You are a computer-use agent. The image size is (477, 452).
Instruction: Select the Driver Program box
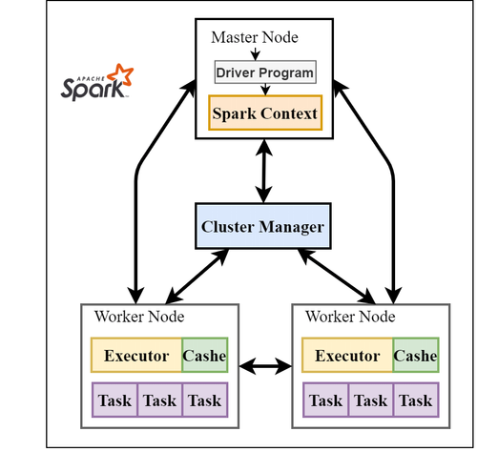(x=263, y=72)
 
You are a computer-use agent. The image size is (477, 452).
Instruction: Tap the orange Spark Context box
(x=263, y=113)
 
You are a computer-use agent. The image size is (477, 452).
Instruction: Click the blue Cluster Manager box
(x=262, y=228)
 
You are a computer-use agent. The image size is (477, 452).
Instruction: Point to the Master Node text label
(x=253, y=37)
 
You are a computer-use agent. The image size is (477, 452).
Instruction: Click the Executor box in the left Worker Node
(x=135, y=356)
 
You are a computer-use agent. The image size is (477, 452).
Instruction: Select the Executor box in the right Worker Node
(x=347, y=356)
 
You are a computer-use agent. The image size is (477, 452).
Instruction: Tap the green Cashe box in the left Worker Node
(x=204, y=356)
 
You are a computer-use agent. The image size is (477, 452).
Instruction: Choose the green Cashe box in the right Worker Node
(x=415, y=356)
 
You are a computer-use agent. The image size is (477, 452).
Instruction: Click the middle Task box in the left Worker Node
(x=159, y=401)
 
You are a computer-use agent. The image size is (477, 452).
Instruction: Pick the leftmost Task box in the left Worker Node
(x=114, y=401)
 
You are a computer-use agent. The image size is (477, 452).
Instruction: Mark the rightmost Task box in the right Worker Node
(x=415, y=401)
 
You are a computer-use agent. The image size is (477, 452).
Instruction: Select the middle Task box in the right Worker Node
(x=370, y=401)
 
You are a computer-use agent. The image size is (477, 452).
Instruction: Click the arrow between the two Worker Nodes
(x=264, y=365)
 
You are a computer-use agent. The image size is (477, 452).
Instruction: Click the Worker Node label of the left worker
(x=139, y=317)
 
